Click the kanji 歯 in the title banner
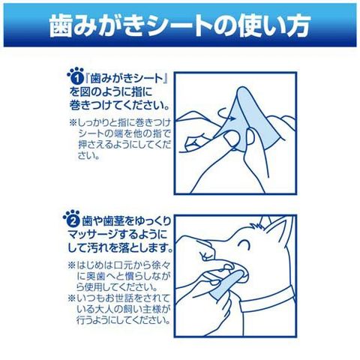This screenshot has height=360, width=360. click(61, 25)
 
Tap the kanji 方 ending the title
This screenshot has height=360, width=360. click(298, 25)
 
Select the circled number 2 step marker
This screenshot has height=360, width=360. click(73, 220)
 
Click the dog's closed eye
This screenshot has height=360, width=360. click(244, 244)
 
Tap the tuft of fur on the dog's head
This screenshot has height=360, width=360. click(256, 226)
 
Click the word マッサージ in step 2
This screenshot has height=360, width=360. click(93, 235)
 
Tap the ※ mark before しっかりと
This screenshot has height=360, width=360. click(73, 123)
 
